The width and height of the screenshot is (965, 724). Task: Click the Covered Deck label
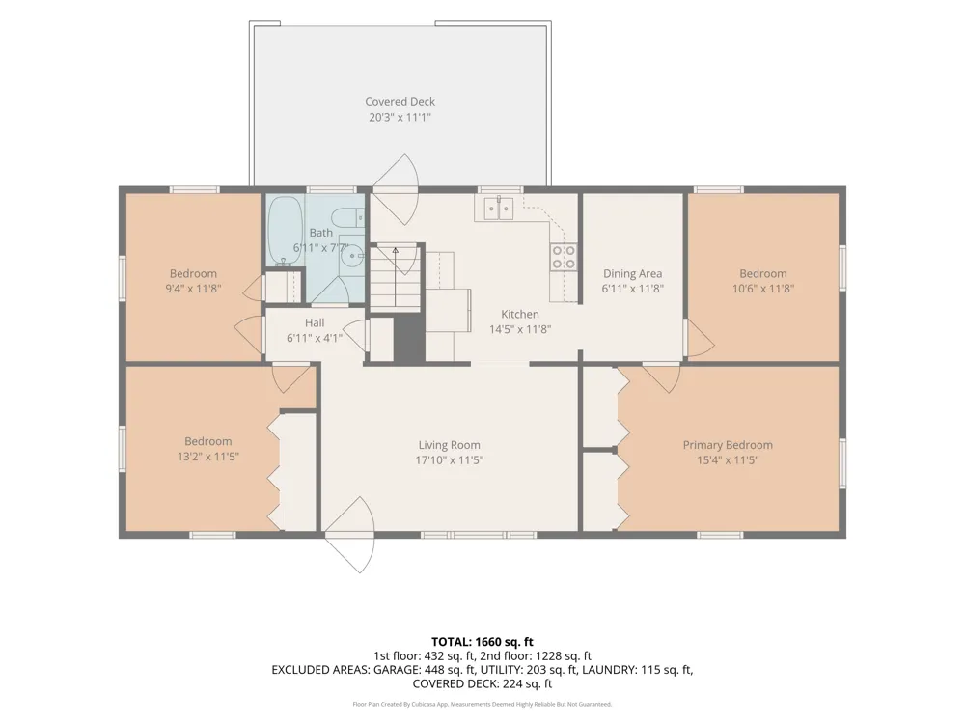tap(400, 102)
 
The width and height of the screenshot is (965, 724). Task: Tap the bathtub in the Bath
tap(286, 231)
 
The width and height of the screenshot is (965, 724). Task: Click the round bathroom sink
tap(352, 254)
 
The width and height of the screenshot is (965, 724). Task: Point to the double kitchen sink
tap(499, 209)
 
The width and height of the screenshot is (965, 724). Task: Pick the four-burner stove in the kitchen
tap(564, 258)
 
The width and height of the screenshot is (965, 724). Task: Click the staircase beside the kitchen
tap(396, 278)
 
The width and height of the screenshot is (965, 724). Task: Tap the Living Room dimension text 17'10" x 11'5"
tap(450, 459)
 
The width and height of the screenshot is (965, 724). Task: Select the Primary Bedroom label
tap(728, 445)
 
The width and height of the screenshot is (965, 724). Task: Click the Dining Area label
tap(633, 274)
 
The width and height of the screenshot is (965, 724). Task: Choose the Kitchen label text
tap(520, 314)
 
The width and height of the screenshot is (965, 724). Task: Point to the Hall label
tap(315, 322)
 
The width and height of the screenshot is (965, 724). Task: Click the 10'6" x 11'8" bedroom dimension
tap(763, 289)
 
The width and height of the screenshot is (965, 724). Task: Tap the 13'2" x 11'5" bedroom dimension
tap(208, 457)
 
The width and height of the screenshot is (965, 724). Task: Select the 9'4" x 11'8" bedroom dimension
tap(193, 289)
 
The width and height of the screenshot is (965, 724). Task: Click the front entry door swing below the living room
tap(349, 535)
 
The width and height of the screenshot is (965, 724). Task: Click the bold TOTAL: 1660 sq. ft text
tap(482, 642)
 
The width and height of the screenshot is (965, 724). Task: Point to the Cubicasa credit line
tap(482, 705)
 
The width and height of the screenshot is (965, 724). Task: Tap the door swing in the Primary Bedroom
tap(662, 377)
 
